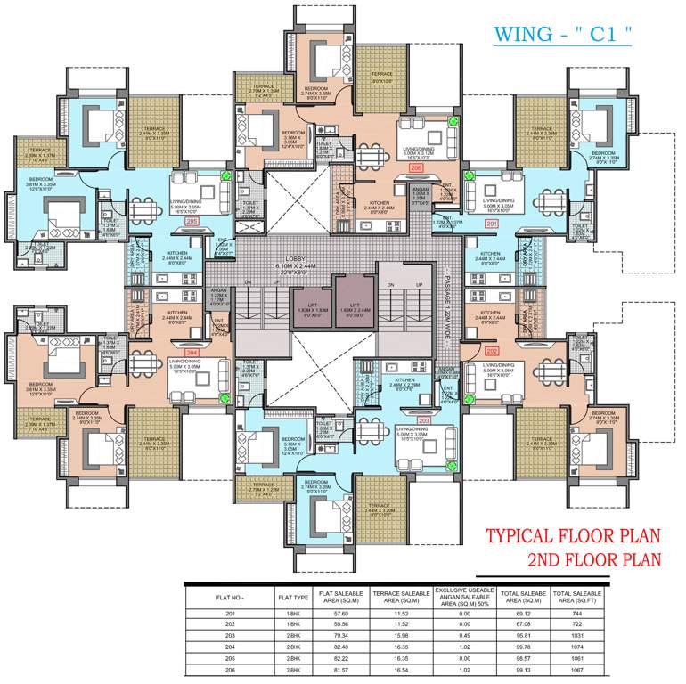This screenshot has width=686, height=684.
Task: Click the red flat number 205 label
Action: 192,223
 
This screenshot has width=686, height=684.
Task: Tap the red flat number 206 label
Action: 415,167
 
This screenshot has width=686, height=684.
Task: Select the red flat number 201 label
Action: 493,224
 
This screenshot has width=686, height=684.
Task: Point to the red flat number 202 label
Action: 493,351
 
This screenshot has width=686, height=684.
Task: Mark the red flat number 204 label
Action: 191,353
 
